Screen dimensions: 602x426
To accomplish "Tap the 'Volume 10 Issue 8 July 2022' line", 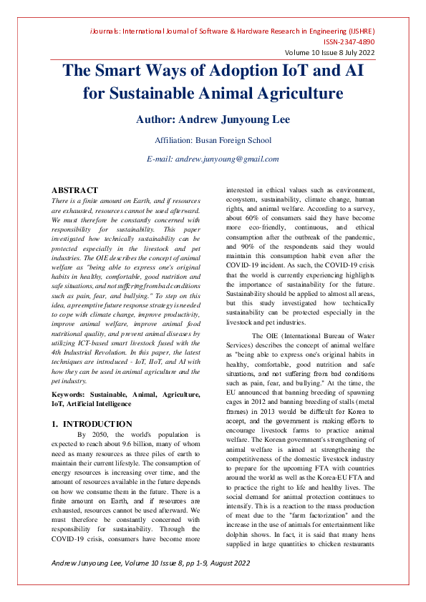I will (x=330, y=53).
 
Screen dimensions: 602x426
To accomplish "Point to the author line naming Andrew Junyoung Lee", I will (x=213, y=119).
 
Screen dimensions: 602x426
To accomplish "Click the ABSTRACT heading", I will (x=74, y=190).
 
